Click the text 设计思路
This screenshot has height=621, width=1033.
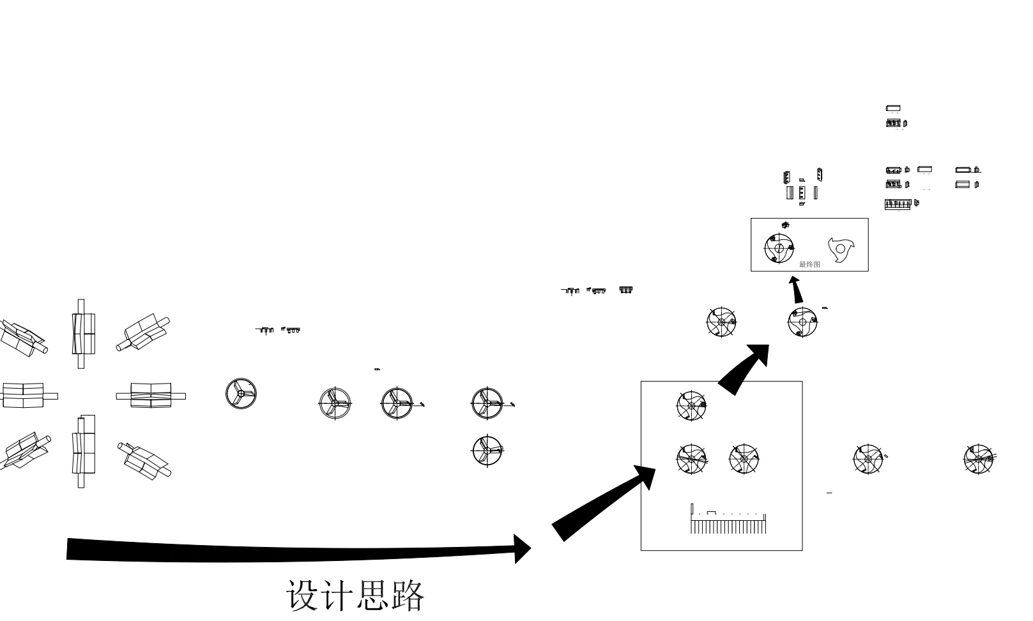point(355,595)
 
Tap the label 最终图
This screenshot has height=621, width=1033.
point(809,264)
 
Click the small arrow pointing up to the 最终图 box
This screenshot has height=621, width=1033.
point(796,290)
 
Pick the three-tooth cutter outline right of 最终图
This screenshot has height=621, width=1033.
point(840,249)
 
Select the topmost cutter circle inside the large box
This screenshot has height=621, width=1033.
point(691,405)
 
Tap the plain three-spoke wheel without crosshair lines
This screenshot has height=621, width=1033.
point(241,393)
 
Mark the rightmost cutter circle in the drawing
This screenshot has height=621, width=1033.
point(979,459)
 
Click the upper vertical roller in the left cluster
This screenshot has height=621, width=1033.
point(82,334)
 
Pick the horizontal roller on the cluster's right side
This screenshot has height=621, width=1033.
point(151,396)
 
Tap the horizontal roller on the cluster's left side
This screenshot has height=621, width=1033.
point(24,396)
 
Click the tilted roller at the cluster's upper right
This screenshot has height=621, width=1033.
point(143,333)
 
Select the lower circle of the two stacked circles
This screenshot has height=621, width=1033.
point(487,450)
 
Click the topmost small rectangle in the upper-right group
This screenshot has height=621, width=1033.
point(893,108)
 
